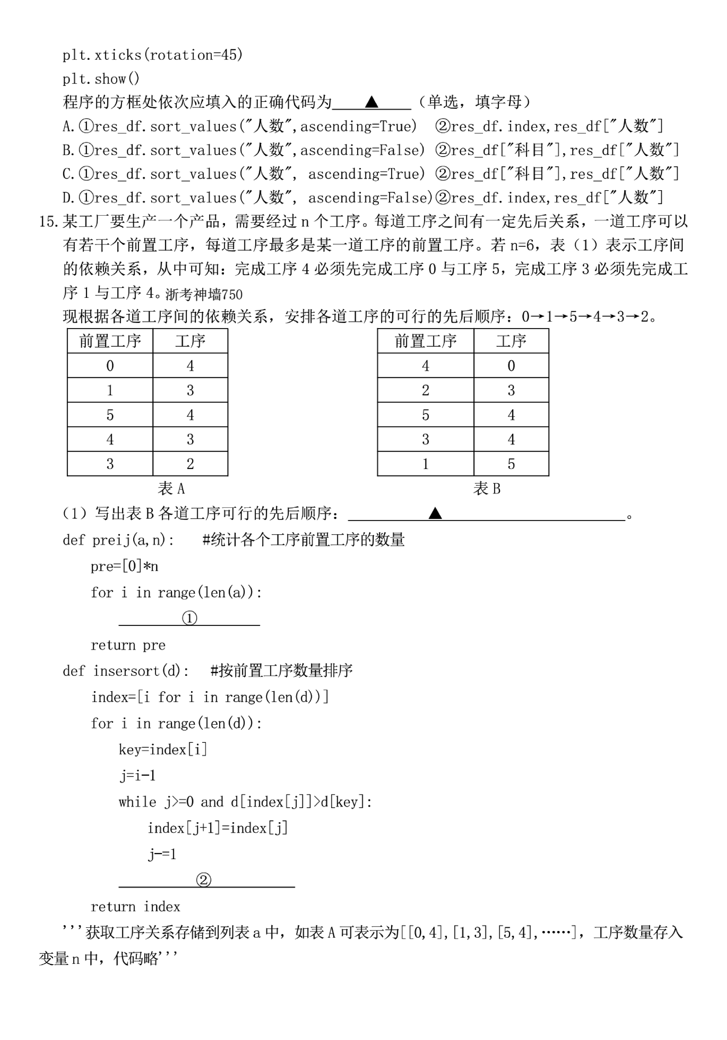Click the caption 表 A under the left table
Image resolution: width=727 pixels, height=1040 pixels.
click(171, 489)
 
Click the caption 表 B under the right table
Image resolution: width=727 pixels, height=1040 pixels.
click(487, 489)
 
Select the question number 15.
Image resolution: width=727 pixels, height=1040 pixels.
click(49, 222)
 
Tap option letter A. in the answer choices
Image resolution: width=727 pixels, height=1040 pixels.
click(69, 127)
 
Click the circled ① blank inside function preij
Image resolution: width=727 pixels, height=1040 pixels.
click(189, 618)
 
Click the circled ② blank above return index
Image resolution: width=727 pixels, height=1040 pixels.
click(204, 880)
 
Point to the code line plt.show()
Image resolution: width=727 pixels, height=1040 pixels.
click(101, 79)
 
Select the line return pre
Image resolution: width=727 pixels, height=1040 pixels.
click(128, 645)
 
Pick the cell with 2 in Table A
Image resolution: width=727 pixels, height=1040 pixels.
click(190, 464)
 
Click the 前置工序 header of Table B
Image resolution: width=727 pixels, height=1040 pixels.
click(426, 341)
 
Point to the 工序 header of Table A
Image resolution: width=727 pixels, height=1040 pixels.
click(190, 341)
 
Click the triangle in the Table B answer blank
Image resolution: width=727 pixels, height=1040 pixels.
click(435, 513)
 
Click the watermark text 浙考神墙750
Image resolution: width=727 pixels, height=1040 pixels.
click(204, 295)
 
